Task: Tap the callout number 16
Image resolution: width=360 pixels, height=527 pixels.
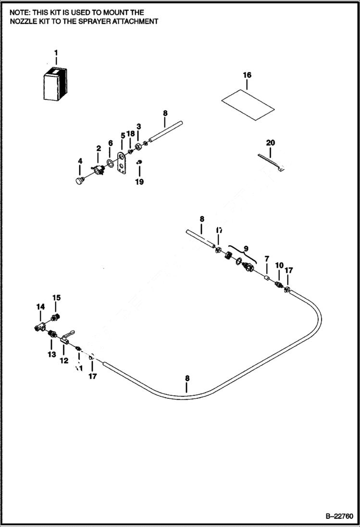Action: [x=247, y=75]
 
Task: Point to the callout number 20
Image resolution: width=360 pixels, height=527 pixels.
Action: [x=271, y=143]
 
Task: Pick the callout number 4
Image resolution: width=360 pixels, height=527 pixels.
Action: [x=80, y=160]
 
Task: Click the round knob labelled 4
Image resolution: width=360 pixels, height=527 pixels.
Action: [x=79, y=180]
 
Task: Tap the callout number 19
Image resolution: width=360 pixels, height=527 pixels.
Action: [x=139, y=182]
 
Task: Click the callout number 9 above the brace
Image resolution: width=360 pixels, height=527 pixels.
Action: [x=246, y=248]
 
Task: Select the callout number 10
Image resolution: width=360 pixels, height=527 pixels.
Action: [x=279, y=266]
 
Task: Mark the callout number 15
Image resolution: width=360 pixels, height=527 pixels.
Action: [x=57, y=298]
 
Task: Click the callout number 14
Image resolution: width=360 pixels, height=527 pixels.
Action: [x=40, y=306]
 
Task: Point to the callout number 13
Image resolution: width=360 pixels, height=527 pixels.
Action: [x=51, y=355]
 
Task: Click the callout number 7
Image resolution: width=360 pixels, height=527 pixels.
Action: [x=267, y=259]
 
